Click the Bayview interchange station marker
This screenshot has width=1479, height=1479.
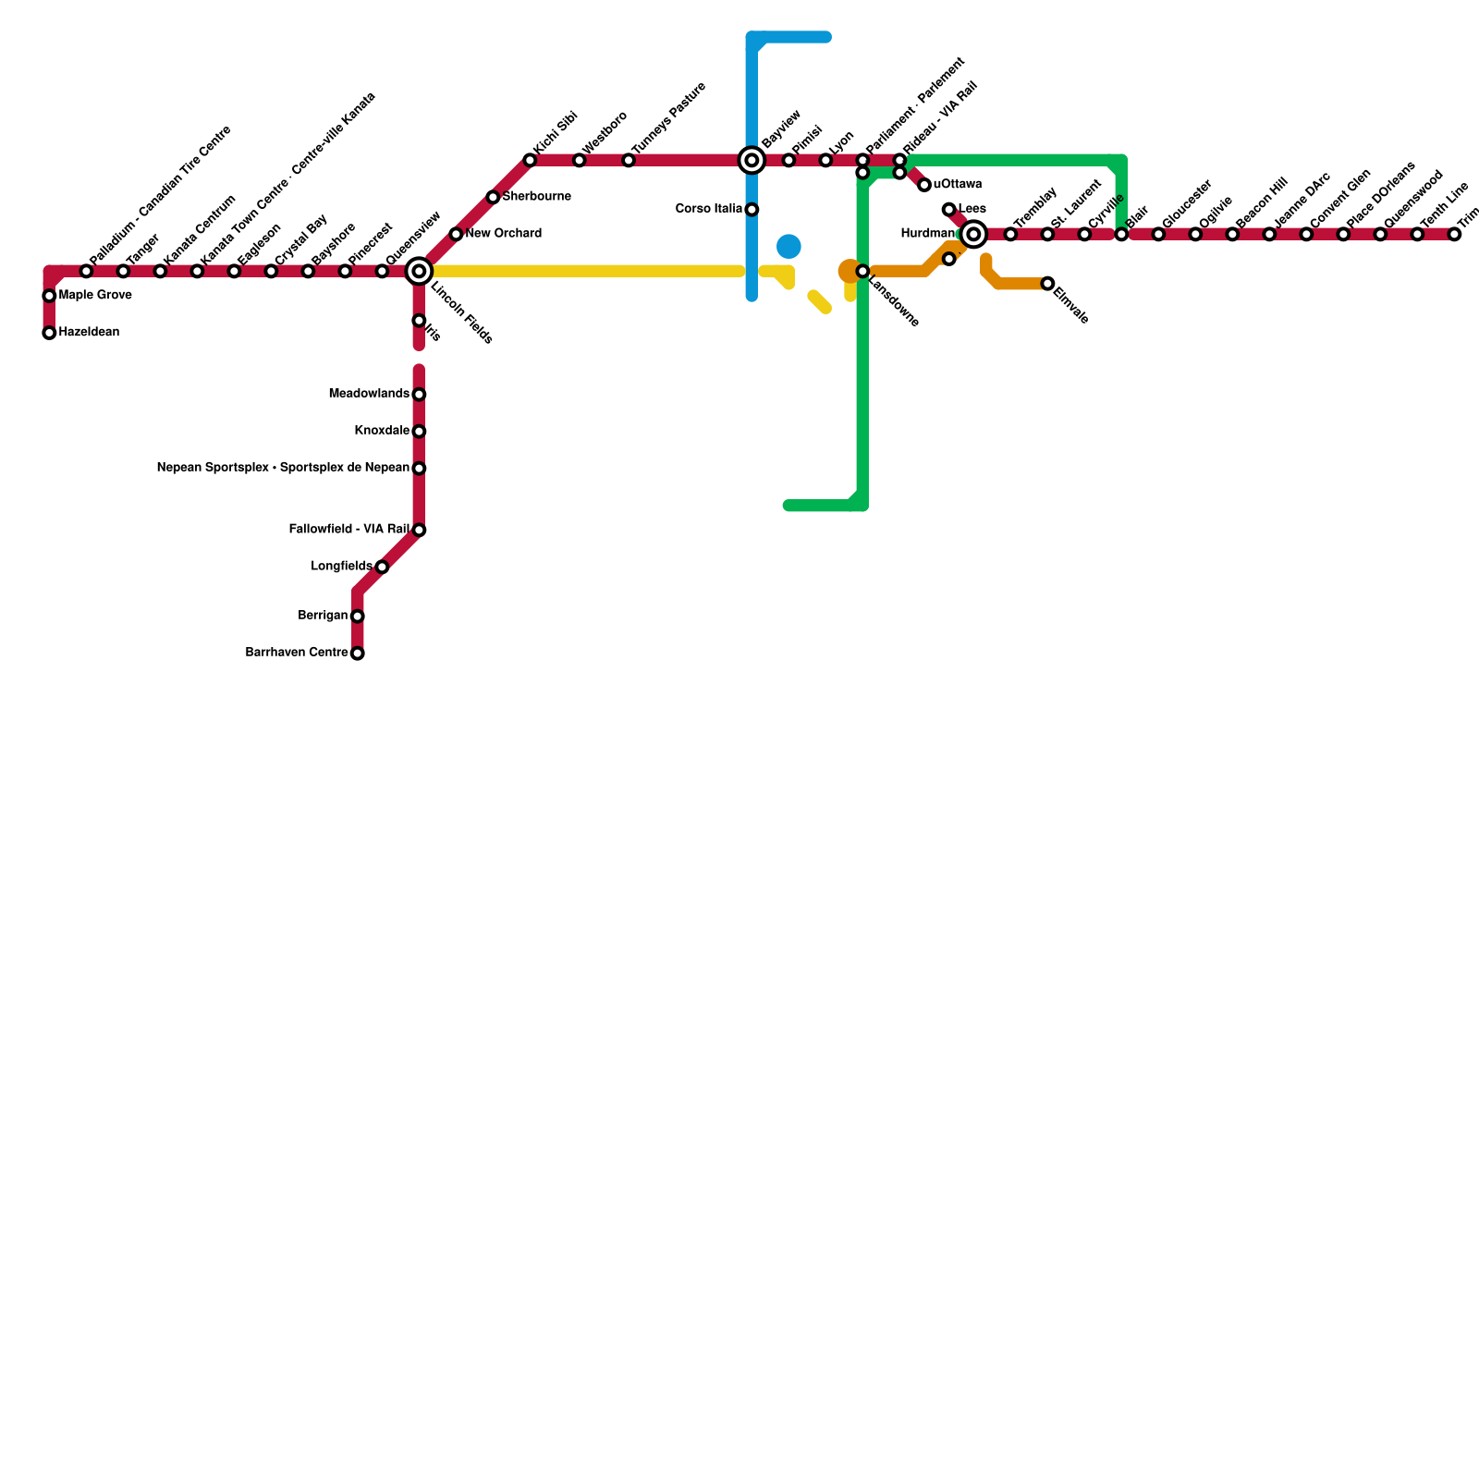point(752,161)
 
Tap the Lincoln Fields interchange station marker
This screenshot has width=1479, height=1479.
point(419,271)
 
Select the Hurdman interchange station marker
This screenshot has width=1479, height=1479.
point(973,235)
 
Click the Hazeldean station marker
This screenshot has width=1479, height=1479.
point(49,333)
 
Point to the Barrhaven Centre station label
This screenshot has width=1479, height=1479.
point(297,654)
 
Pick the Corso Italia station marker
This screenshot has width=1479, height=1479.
point(752,210)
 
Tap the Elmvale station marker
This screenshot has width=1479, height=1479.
point(1047,284)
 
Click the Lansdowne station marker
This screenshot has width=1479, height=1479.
point(862,272)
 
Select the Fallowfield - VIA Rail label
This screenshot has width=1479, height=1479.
point(348,530)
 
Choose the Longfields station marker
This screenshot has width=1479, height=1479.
point(382,567)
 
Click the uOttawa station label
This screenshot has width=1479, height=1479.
point(958,185)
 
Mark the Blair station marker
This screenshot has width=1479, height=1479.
point(1121,235)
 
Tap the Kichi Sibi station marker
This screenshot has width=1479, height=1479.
point(530,161)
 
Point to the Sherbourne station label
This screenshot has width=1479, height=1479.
point(536,197)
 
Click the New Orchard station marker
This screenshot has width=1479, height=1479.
point(456,235)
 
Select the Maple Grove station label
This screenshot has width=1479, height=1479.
point(95,296)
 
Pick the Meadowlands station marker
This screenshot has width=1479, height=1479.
point(419,395)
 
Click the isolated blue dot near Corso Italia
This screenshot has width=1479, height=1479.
point(788,247)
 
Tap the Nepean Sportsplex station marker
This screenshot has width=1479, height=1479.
point(419,469)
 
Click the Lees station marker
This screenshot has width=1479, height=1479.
point(948,210)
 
